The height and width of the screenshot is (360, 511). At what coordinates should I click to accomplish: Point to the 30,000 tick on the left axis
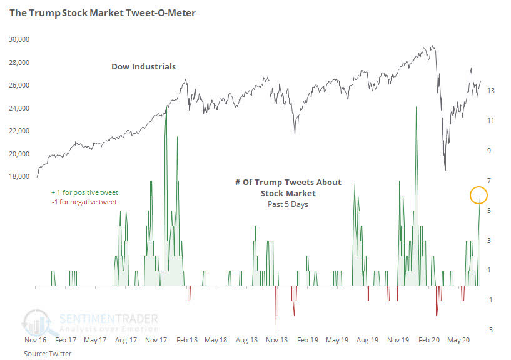pos(21,39)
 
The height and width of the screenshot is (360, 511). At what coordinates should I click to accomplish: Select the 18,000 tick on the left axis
pos(21,177)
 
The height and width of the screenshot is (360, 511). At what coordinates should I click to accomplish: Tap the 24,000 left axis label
pos(21,108)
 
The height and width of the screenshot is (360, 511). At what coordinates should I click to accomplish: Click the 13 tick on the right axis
pos(492,91)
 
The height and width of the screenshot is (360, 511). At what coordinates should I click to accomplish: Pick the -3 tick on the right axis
pos(492,330)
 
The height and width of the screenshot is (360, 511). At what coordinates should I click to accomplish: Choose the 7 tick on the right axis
pos(492,181)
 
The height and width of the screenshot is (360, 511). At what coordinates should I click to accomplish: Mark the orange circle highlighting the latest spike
pos(479,196)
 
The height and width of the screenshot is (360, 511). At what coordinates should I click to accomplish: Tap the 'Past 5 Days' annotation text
pos(288,204)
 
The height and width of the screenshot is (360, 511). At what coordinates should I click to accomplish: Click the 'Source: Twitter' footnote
pos(48,354)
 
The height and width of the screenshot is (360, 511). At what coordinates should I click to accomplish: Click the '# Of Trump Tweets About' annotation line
pos(288,182)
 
